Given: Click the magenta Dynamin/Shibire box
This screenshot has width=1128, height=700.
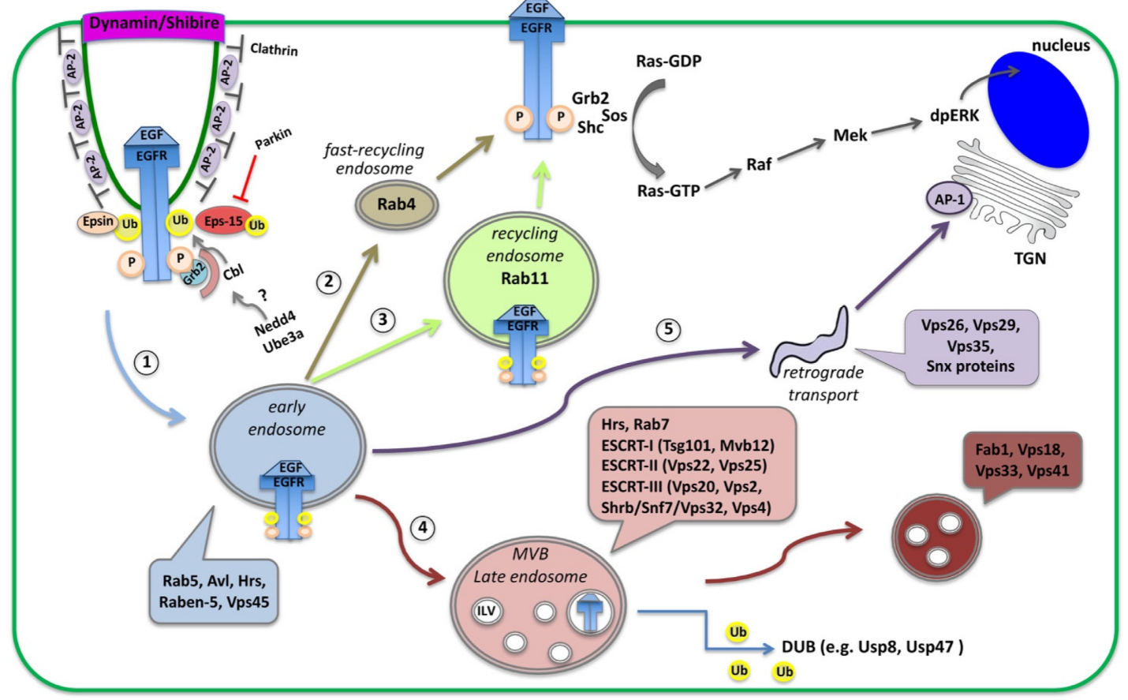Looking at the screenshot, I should pyautogui.click(x=154, y=24).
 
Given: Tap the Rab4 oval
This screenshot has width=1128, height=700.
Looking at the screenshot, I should pyautogui.click(x=396, y=204).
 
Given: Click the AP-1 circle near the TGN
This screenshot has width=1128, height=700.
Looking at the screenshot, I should pyautogui.click(x=949, y=200).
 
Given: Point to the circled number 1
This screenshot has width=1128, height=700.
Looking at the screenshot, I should pyautogui.click(x=146, y=362).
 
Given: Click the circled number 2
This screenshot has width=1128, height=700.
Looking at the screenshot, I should pyautogui.click(x=328, y=282).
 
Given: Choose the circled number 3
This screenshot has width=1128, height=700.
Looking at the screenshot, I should pyautogui.click(x=383, y=320).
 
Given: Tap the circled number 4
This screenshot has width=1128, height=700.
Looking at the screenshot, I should pyautogui.click(x=423, y=527).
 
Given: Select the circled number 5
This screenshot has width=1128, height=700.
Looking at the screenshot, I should pyautogui.click(x=668, y=329).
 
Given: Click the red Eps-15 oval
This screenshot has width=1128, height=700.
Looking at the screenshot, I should pyautogui.click(x=224, y=222).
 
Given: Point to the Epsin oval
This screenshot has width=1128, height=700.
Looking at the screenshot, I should pyautogui.click(x=98, y=222).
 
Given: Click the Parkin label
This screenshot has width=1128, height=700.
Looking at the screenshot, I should pyautogui.click(x=273, y=139).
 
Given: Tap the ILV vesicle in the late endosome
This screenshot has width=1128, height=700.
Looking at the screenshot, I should pyautogui.click(x=486, y=611).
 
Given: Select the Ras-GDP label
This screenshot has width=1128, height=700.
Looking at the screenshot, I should pyautogui.click(x=668, y=62).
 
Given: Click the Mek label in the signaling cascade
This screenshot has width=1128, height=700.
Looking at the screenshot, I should pyautogui.click(x=850, y=136).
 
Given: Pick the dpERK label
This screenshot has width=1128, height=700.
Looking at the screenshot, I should pyautogui.click(x=954, y=116).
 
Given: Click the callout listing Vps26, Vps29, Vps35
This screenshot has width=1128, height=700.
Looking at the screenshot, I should pyautogui.click(x=970, y=347).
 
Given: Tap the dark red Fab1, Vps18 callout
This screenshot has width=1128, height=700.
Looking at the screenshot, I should pyautogui.click(x=1021, y=461).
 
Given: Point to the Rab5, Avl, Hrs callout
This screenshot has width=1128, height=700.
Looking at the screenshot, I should pyautogui.click(x=214, y=591).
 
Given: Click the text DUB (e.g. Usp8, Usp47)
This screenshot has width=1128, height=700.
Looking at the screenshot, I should pyautogui.click(x=872, y=647).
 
